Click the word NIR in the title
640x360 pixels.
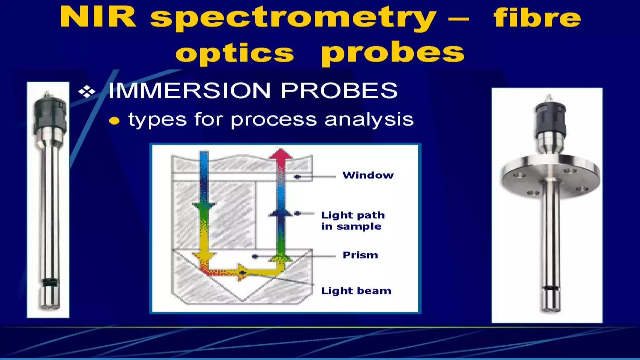pos(98,17)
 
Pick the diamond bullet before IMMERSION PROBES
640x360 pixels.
pos(87,92)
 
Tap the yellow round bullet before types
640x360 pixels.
pos(115,121)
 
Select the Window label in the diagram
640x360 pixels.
pos(368,175)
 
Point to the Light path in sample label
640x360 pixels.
pos(352,221)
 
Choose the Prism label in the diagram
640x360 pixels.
pos(360,255)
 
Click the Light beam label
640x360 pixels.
pos(356,291)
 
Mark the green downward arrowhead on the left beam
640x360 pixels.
pos(204,207)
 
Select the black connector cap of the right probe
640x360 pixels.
pos(550,118)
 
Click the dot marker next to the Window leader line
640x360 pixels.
pos(297,177)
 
